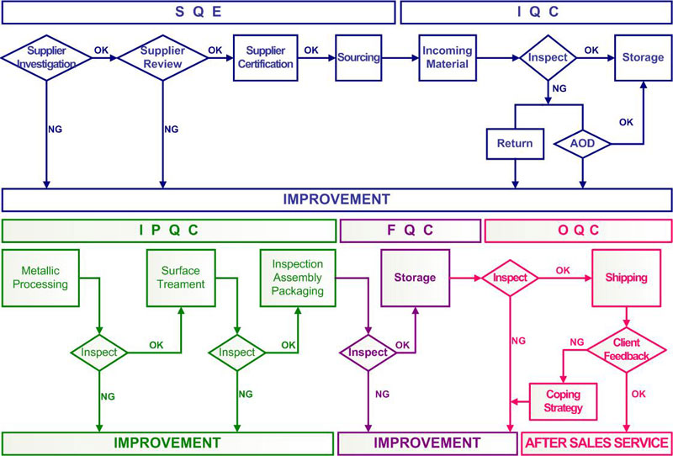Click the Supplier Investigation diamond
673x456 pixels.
pyautogui.click(x=46, y=57)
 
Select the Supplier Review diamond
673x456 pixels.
pyautogui.click(x=162, y=57)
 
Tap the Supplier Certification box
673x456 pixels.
pyautogui.click(x=266, y=57)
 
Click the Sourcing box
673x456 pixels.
pyautogui.click(x=359, y=57)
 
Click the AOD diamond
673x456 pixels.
pyautogui.click(x=582, y=144)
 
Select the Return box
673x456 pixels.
pyautogui.click(x=515, y=144)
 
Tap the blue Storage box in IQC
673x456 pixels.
pyautogui.click(x=643, y=57)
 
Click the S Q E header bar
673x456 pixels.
pyautogui.click(x=198, y=12)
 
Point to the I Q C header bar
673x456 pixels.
pyautogui.click(x=536, y=12)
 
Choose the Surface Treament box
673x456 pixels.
pyautogui.click(x=181, y=278)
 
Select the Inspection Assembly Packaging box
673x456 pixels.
pyautogui.click(x=297, y=278)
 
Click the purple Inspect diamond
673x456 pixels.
pyautogui.click(x=367, y=351)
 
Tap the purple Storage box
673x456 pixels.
pyautogui.click(x=415, y=278)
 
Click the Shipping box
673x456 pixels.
pyautogui.click(x=626, y=278)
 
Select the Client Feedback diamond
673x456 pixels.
pyautogui.click(x=626, y=351)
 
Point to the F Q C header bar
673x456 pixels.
pyautogui.click(x=410, y=229)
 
